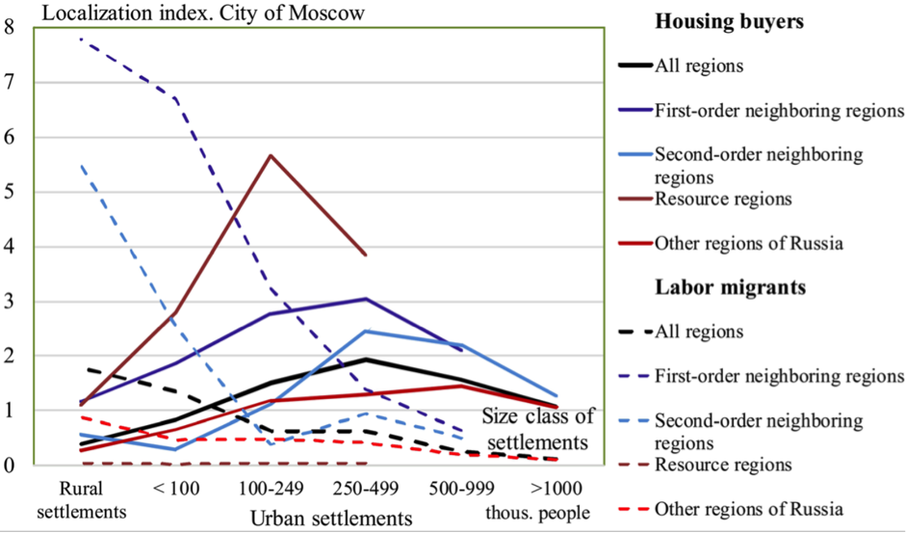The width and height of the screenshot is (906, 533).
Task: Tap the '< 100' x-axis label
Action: pyautogui.click(x=176, y=488)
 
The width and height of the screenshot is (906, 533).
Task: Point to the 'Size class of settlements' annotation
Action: pyautogui.click(x=538, y=429)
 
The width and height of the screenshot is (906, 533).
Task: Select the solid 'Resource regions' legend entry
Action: pyautogui.click(x=722, y=200)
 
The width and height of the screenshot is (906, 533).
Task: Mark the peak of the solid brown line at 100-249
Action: pyautogui.click(x=271, y=155)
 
